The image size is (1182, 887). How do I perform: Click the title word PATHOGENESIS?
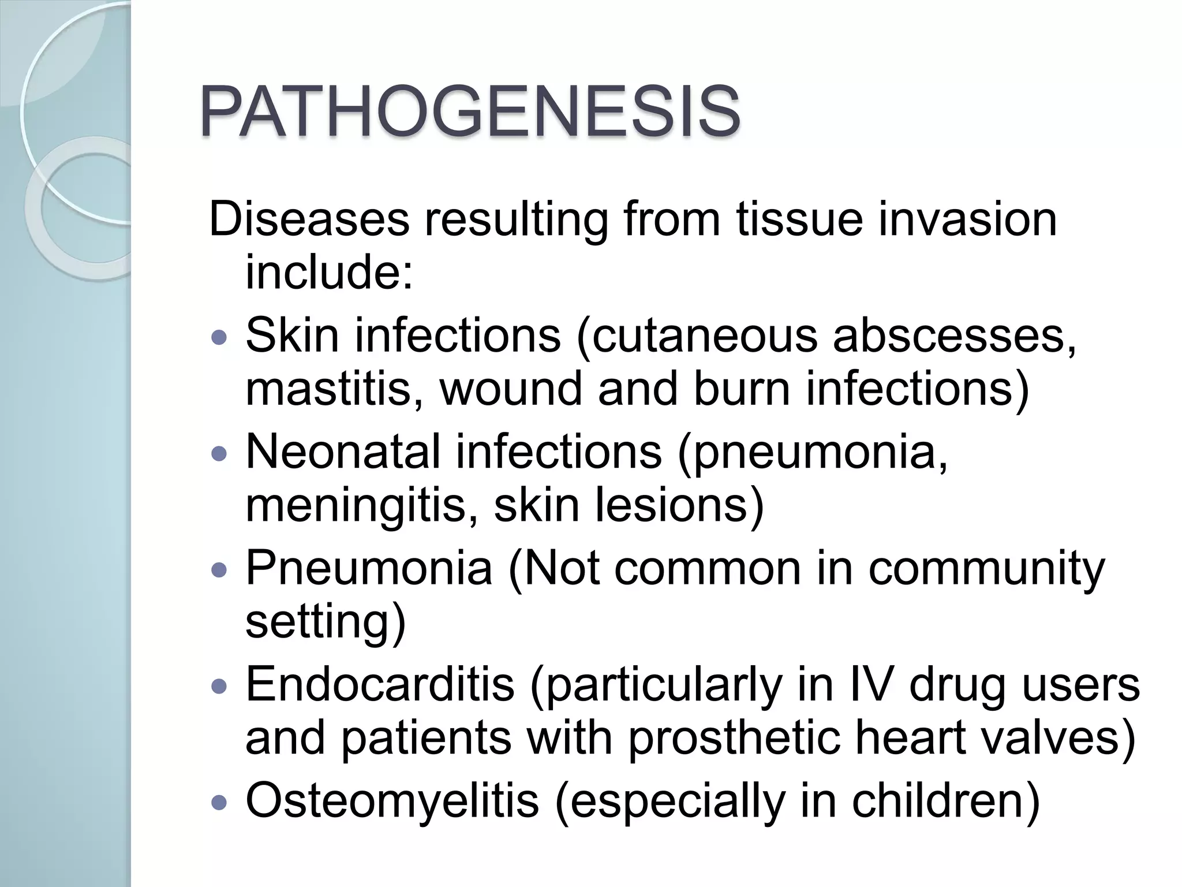click(x=470, y=113)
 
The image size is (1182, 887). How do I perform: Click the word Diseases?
click(x=309, y=219)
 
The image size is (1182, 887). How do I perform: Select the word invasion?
click(x=968, y=219)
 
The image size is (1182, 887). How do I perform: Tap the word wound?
click(x=511, y=389)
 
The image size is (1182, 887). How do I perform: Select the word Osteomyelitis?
click(x=392, y=801)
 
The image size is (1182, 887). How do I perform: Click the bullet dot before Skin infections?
click(x=220, y=337)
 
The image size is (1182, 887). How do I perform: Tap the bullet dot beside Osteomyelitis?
click(x=220, y=802)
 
